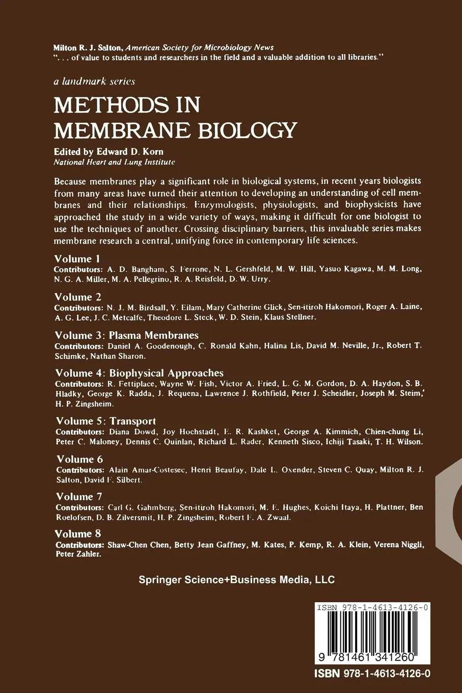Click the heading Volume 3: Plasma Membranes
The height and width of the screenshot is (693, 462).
[x=126, y=335]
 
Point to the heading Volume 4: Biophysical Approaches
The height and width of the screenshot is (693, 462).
[x=139, y=373]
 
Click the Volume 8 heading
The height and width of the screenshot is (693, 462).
[x=79, y=534]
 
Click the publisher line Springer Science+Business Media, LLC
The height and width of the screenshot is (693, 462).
[x=237, y=579]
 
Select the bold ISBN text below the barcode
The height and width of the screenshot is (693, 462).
[x=372, y=673]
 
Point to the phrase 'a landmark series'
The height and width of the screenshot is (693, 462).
[x=94, y=81]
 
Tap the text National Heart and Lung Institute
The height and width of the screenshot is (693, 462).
[x=115, y=162]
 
